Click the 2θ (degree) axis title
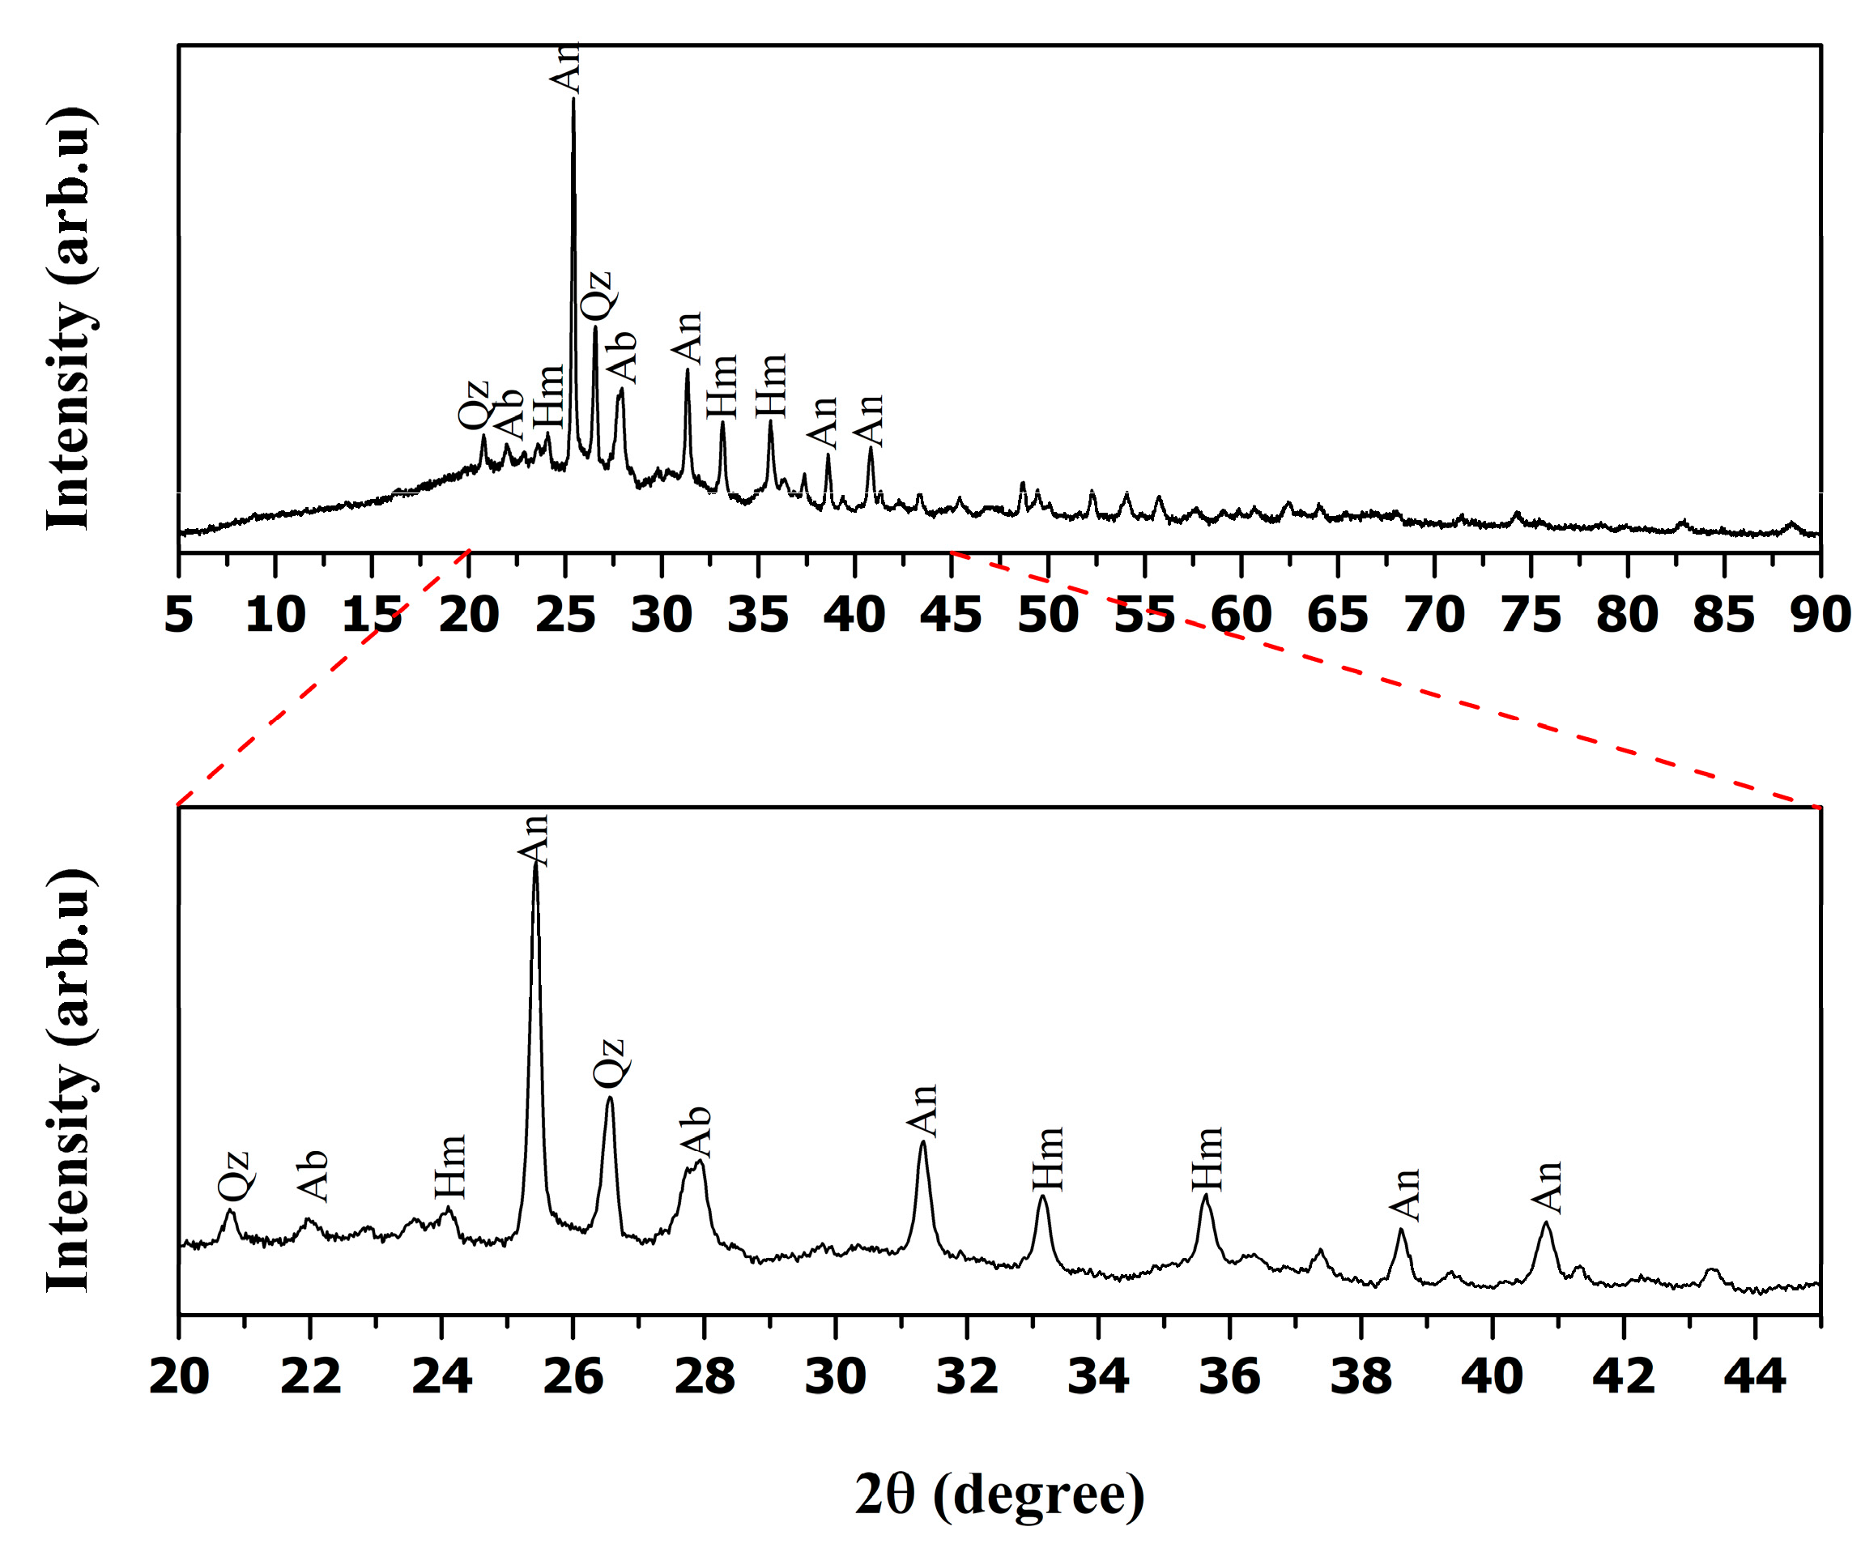(x=999, y=1494)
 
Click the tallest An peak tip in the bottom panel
(x=535, y=865)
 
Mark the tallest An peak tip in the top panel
(x=573, y=100)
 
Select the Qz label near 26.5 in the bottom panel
(x=610, y=1063)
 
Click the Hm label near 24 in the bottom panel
(x=450, y=1166)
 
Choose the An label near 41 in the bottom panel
(x=1548, y=1188)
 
